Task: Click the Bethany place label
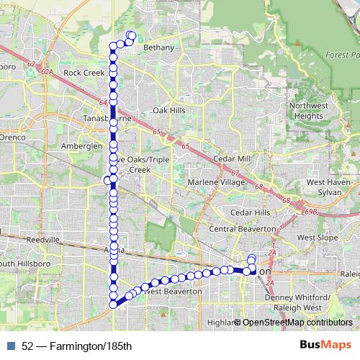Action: [159, 48]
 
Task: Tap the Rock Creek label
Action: [84, 73]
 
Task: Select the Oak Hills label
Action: [169, 110]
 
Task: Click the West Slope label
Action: [317, 237]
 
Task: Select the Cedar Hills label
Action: [250, 213]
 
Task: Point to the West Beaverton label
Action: [173, 292]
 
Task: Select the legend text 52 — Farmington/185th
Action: [76, 346]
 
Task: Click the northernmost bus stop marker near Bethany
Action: [130, 35]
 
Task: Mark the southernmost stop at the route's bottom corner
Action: [113, 304]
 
